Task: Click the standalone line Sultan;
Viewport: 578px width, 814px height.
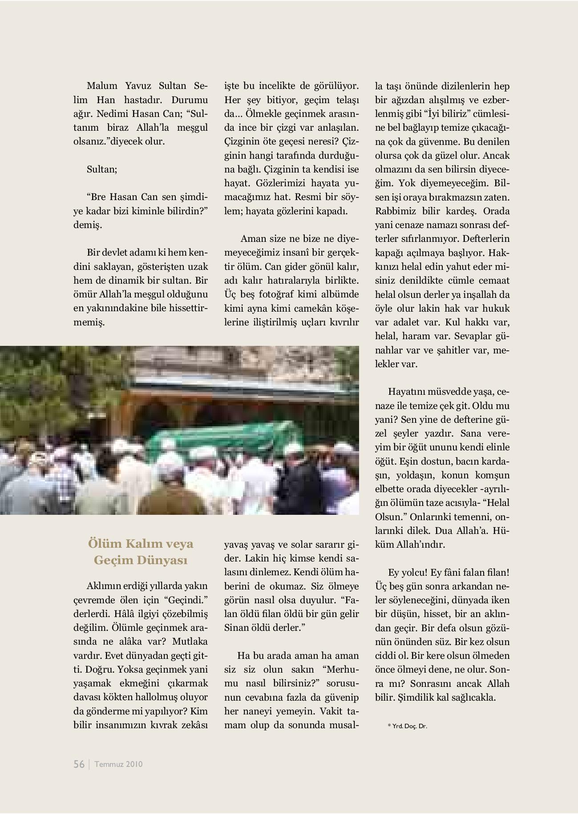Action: pos(102,169)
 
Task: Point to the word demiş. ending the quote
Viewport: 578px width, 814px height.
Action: pos(87,225)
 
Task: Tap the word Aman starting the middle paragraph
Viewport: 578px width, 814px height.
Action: pos(253,239)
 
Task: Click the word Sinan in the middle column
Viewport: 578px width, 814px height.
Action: pos(237,628)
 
